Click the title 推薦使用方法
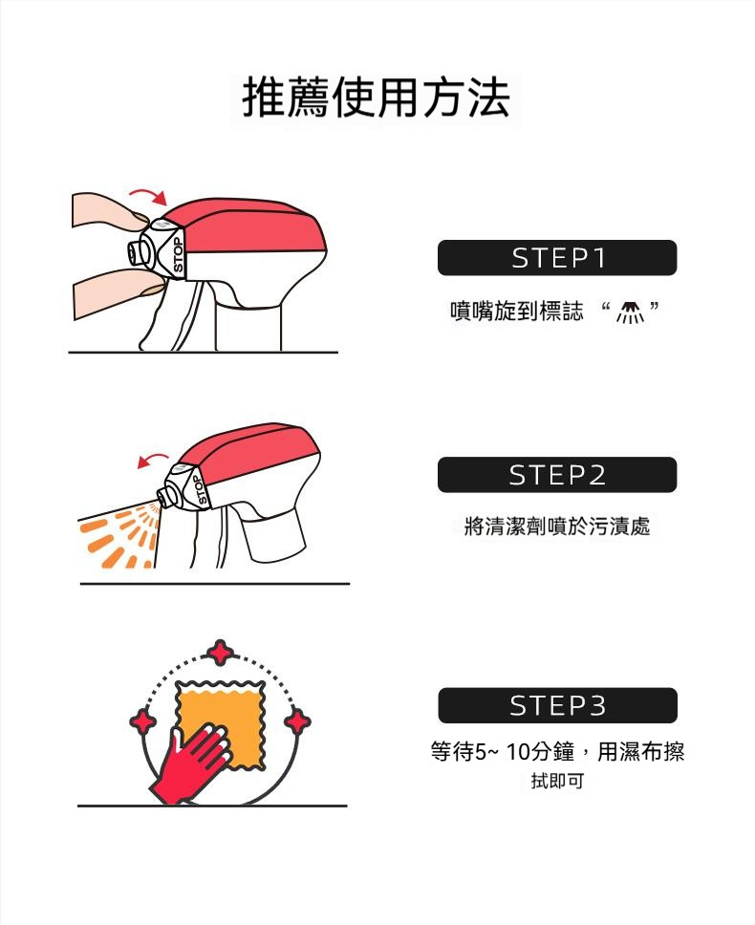(376, 97)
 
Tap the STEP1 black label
(557, 258)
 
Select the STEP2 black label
(557, 475)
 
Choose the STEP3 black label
(557, 705)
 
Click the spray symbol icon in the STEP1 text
(630, 312)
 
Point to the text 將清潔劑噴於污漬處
(557, 526)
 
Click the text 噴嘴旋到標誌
(517, 311)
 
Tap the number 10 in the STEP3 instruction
(519, 751)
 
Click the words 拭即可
(557, 781)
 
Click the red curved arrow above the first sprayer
(149, 195)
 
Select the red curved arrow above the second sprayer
(153, 460)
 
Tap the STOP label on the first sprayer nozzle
(178, 254)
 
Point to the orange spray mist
(118, 537)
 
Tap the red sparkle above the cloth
(221, 653)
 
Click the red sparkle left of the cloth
(142, 721)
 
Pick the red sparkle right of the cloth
(297, 721)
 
